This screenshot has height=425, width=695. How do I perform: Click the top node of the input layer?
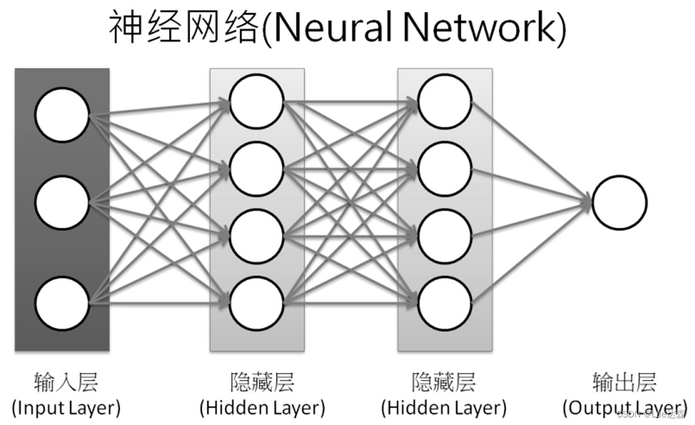pyautogui.click(x=62, y=116)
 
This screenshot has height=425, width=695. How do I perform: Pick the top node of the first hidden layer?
pyautogui.click(x=256, y=101)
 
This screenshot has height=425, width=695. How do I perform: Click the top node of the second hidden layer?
pyautogui.click(x=444, y=101)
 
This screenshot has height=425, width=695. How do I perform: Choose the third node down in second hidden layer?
pyautogui.click(x=444, y=235)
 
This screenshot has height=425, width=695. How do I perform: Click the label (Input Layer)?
pyautogui.click(x=66, y=406)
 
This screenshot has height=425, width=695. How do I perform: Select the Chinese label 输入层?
pyautogui.click(x=66, y=382)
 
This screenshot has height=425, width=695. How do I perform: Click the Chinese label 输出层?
pyautogui.click(x=624, y=382)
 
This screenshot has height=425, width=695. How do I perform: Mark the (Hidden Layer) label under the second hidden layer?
pyautogui.click(x=444, y=406)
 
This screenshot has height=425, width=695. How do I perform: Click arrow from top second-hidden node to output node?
pyautogui.click(x=531, y=151)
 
